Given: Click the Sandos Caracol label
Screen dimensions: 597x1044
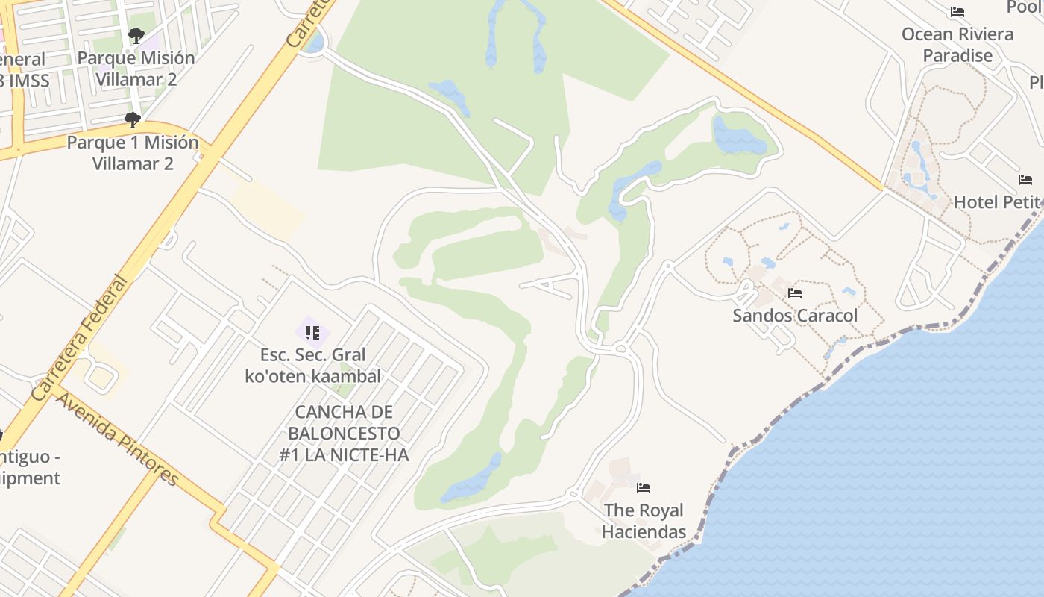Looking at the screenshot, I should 795,316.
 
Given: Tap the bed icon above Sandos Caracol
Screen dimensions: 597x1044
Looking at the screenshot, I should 795,293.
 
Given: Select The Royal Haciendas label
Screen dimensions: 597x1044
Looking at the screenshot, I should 644,521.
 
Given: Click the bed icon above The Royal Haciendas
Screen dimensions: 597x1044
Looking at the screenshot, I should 644,488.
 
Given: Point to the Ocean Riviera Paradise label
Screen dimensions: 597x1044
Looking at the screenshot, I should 957,45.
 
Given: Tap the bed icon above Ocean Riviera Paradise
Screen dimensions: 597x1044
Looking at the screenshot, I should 957,12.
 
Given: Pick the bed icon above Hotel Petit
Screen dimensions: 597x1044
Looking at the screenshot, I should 1025,180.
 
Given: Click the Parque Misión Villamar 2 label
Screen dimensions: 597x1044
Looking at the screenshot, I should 136,68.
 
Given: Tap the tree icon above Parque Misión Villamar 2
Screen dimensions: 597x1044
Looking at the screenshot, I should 136,35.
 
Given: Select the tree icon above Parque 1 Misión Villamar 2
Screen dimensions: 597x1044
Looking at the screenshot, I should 133,119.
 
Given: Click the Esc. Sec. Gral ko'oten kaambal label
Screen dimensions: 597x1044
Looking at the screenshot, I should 312,365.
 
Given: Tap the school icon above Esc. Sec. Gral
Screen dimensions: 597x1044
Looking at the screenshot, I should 312,332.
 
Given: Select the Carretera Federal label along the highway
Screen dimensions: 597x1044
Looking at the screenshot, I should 81,338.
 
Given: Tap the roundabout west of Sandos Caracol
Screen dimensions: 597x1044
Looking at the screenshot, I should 620,348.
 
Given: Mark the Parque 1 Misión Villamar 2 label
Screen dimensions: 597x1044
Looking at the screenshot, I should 133,152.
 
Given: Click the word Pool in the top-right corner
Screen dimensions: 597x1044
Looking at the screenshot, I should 1025,7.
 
